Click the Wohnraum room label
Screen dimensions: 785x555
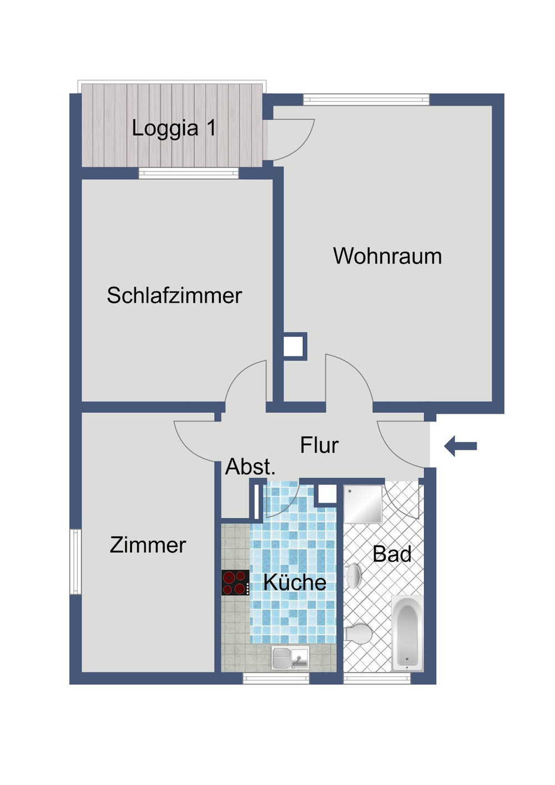387,256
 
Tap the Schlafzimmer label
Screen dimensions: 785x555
174,295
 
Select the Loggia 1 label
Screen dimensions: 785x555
174,128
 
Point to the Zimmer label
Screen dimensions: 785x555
148,545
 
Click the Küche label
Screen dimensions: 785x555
295,582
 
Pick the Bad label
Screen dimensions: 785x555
392,554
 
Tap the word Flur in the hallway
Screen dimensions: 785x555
319,445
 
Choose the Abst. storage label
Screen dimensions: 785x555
250,467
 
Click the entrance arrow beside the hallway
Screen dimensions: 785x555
461,445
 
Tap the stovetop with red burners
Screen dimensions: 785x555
235,583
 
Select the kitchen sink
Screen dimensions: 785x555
290,659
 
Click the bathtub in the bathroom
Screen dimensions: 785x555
407,633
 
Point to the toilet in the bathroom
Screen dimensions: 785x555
357,633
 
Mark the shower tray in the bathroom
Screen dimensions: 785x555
363,504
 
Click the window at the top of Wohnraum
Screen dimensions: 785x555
366,100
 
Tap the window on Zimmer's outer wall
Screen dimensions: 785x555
75,561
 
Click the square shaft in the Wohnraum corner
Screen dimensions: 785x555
294,346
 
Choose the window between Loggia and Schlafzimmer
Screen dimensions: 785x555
188,174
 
